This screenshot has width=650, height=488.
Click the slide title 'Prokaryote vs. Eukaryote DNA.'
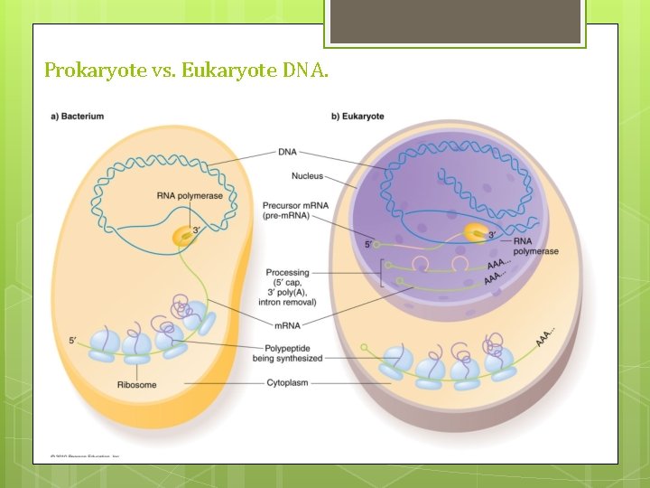tap(186, 69)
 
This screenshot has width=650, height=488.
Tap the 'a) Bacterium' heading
tap(77, 116)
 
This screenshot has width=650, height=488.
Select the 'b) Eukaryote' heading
tap(357, 116)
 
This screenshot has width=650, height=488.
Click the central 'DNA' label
tap(287, 152)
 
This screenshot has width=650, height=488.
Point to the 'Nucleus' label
tap(307, 175)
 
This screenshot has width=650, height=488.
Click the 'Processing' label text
tap(287, 272)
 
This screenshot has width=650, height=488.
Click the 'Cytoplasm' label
tap(287, 383)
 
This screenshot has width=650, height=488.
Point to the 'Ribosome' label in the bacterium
tap(136, 385)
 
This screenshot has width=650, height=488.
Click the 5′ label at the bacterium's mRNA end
tap(72, 340)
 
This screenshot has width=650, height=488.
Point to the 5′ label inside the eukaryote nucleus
tap(368, 244)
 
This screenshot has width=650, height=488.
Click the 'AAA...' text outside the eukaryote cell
tap(544, 336)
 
